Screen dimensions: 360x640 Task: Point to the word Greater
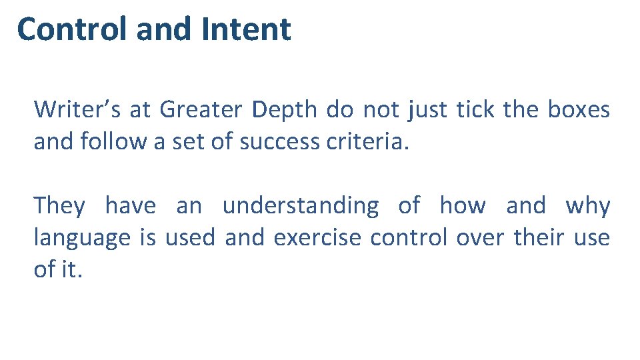[201, 109]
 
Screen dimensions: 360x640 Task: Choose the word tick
[475, 109]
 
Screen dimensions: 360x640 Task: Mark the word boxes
[578, 109]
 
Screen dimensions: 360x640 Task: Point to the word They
[59, 206]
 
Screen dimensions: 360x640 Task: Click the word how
[462, 206]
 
